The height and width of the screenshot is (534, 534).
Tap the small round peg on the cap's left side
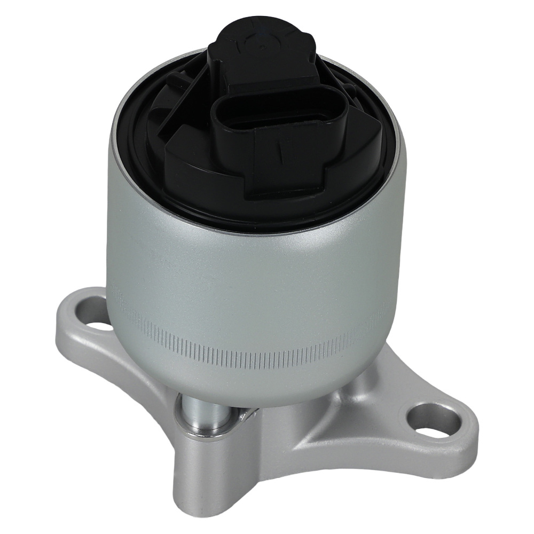click(172, 81)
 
